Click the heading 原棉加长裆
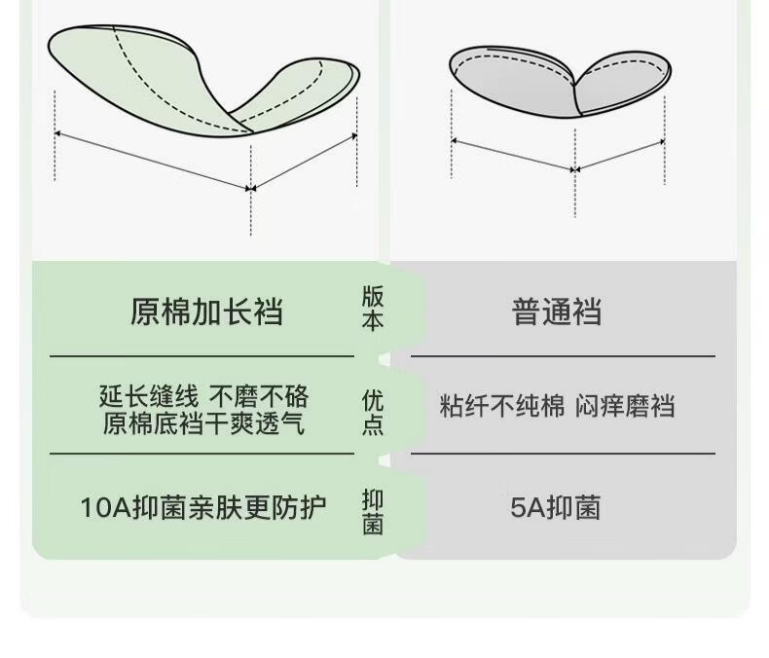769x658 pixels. click(x=205, y=311)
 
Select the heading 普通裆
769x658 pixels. click(x=557, y=311)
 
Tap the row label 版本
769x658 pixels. click(x=373, y=310)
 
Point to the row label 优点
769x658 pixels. click(x=373, y=413)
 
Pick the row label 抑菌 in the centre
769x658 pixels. click(x=373, y=512)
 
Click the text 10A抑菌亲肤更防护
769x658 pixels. click(x=202, y=507)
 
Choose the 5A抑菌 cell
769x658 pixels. click(x=556, y=507)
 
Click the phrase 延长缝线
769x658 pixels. click(x=148, y=396)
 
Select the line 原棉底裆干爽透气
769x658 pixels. click(x=203, y=424)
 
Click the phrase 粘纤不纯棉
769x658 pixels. click(x=501, y=406)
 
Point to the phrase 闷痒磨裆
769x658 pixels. click(x=626, y=406)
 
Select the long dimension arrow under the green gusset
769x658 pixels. click(x=153, y=160)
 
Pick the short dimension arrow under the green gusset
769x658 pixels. click(x=306, y=160)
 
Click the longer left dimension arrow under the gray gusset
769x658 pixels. click(x=513, y=156)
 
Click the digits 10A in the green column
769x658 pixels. click(x=100, y=507)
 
